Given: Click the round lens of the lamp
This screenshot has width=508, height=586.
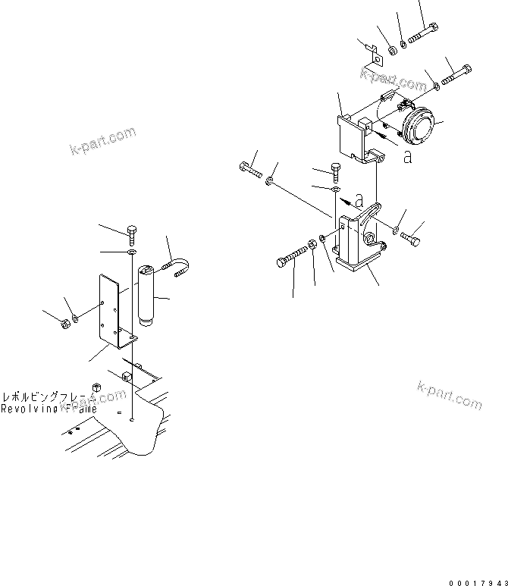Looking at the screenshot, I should [x=419, y=126].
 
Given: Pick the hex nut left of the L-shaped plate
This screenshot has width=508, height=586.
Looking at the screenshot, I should [x=65, y=324].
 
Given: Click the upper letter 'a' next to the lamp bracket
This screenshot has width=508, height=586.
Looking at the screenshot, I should [x=407, y=157].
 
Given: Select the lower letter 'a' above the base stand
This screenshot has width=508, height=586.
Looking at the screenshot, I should [x=359, y=199].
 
